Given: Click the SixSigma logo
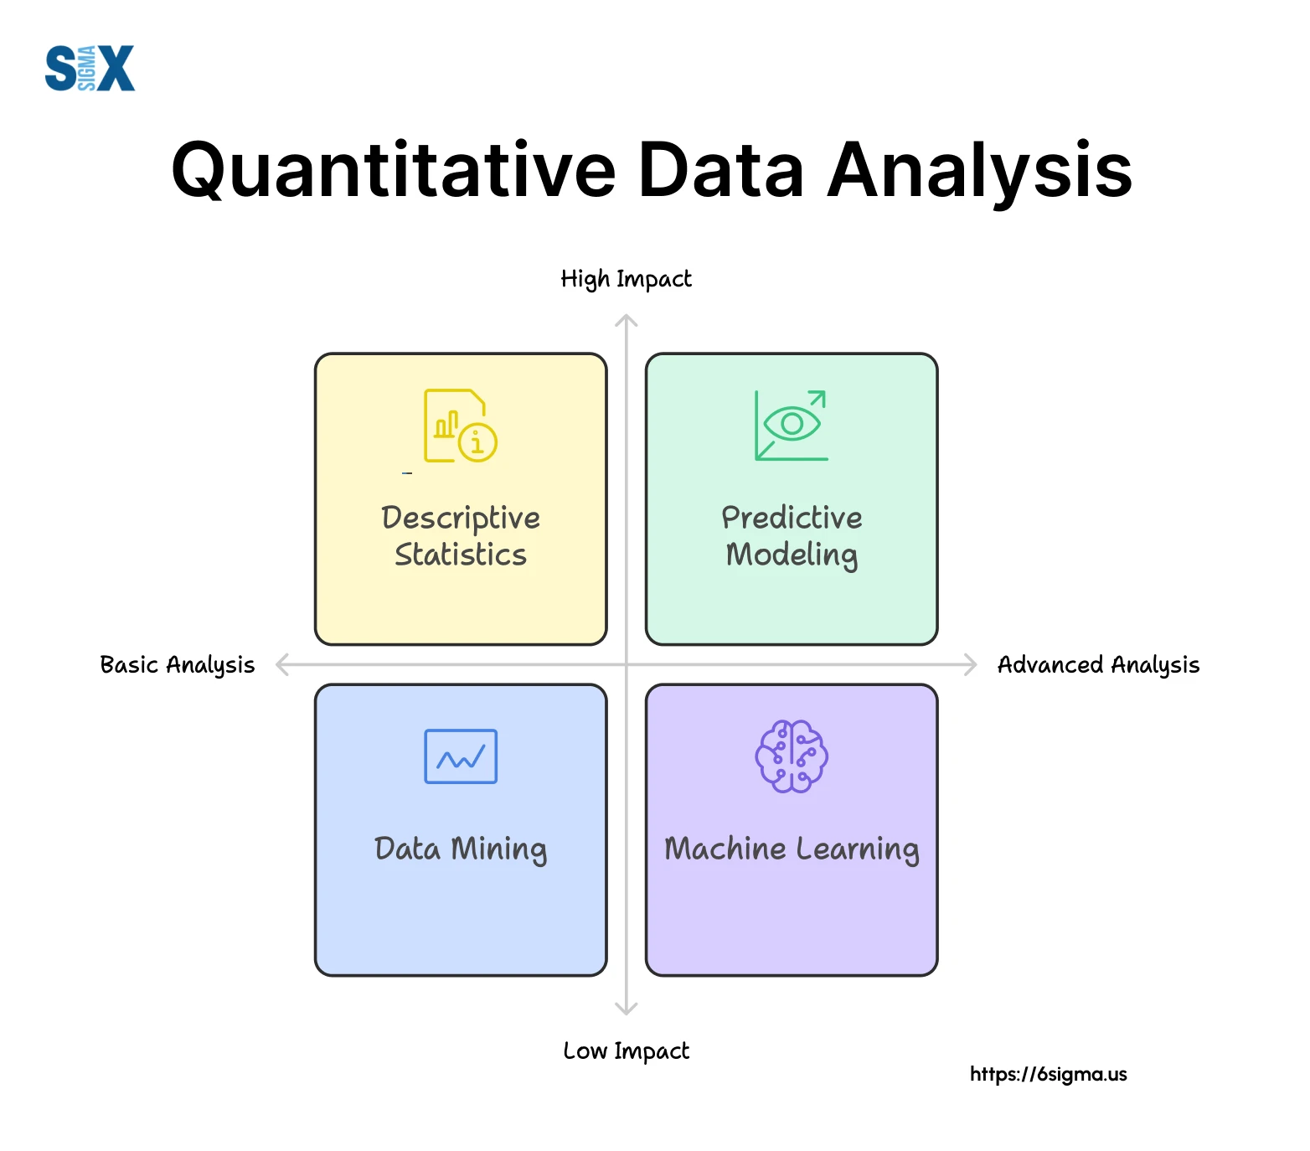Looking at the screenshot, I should point(90,68).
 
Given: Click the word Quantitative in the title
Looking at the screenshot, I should point(394,170).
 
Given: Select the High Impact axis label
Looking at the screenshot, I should point(626,279).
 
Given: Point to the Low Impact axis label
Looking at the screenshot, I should point(626,1050).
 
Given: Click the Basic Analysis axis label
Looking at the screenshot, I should point(177,665).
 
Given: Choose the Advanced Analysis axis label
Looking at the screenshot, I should point(1098,665).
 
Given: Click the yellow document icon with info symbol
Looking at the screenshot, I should point(460,426).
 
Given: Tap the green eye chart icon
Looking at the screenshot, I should point(791,426).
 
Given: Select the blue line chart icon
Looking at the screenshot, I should point(460,756).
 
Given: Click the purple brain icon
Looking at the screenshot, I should point(791,756).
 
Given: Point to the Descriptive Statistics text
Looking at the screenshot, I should point(460,536).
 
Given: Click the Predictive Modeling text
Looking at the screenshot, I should point(791,536).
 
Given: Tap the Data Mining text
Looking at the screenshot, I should point(460,849).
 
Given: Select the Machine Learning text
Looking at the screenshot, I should point(791,849).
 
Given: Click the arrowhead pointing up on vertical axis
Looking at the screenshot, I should point(627,320).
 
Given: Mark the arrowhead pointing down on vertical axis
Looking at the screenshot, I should point(627,1009).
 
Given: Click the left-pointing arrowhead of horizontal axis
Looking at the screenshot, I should point(282,665).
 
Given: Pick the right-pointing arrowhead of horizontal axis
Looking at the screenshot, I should point(971,665).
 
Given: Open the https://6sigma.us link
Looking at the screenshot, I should point(1048,1074).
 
